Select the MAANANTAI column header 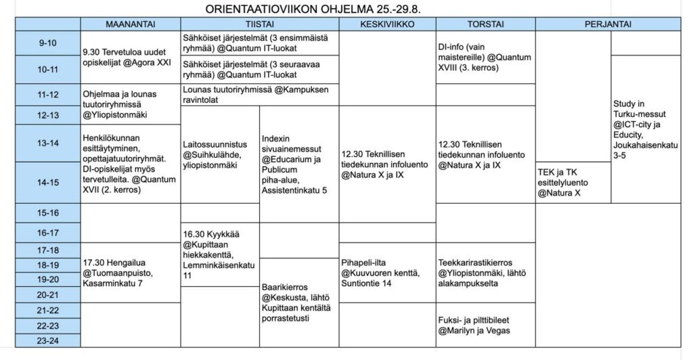pos(131,24)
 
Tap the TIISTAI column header pos(259,24)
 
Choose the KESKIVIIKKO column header pos(386,24)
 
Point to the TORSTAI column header pos(485,24)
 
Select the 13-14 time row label pos(48,143)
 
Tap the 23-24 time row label pos(48,340)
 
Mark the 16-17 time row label pos(48,233)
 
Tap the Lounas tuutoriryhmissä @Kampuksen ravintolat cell pos(259,95)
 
